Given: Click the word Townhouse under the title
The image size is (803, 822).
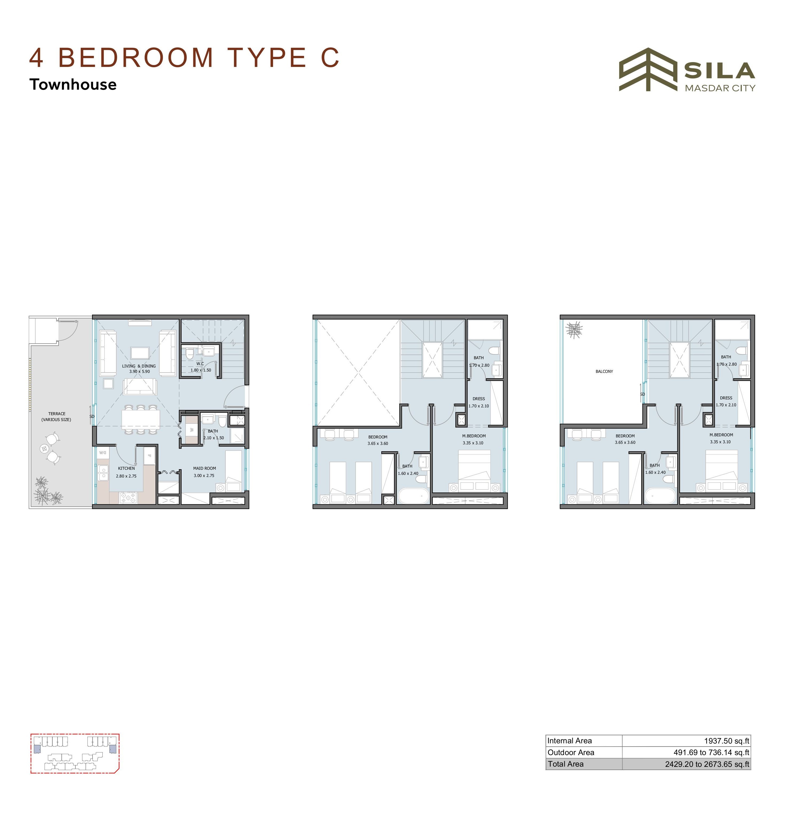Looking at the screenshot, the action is [73, 84].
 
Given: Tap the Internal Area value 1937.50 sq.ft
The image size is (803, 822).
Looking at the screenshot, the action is [726, 741].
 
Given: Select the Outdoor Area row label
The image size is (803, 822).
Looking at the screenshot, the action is [571, 752].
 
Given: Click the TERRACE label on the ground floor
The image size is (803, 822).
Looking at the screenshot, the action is [56, 414].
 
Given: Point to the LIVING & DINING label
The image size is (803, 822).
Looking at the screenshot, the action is [139, 366].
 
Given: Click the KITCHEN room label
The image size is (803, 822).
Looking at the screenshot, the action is [126, 468].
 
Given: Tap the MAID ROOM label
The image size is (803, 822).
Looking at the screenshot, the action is [205, 468].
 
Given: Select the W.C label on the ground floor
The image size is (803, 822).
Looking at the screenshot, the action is [200, 363].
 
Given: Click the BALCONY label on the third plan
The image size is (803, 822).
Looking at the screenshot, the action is [604, 372].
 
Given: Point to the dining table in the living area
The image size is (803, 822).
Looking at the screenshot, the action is [140, 420].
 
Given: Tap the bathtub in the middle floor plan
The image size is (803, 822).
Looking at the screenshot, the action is [414, 496].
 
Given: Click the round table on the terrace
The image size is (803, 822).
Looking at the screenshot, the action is [44, 448].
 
